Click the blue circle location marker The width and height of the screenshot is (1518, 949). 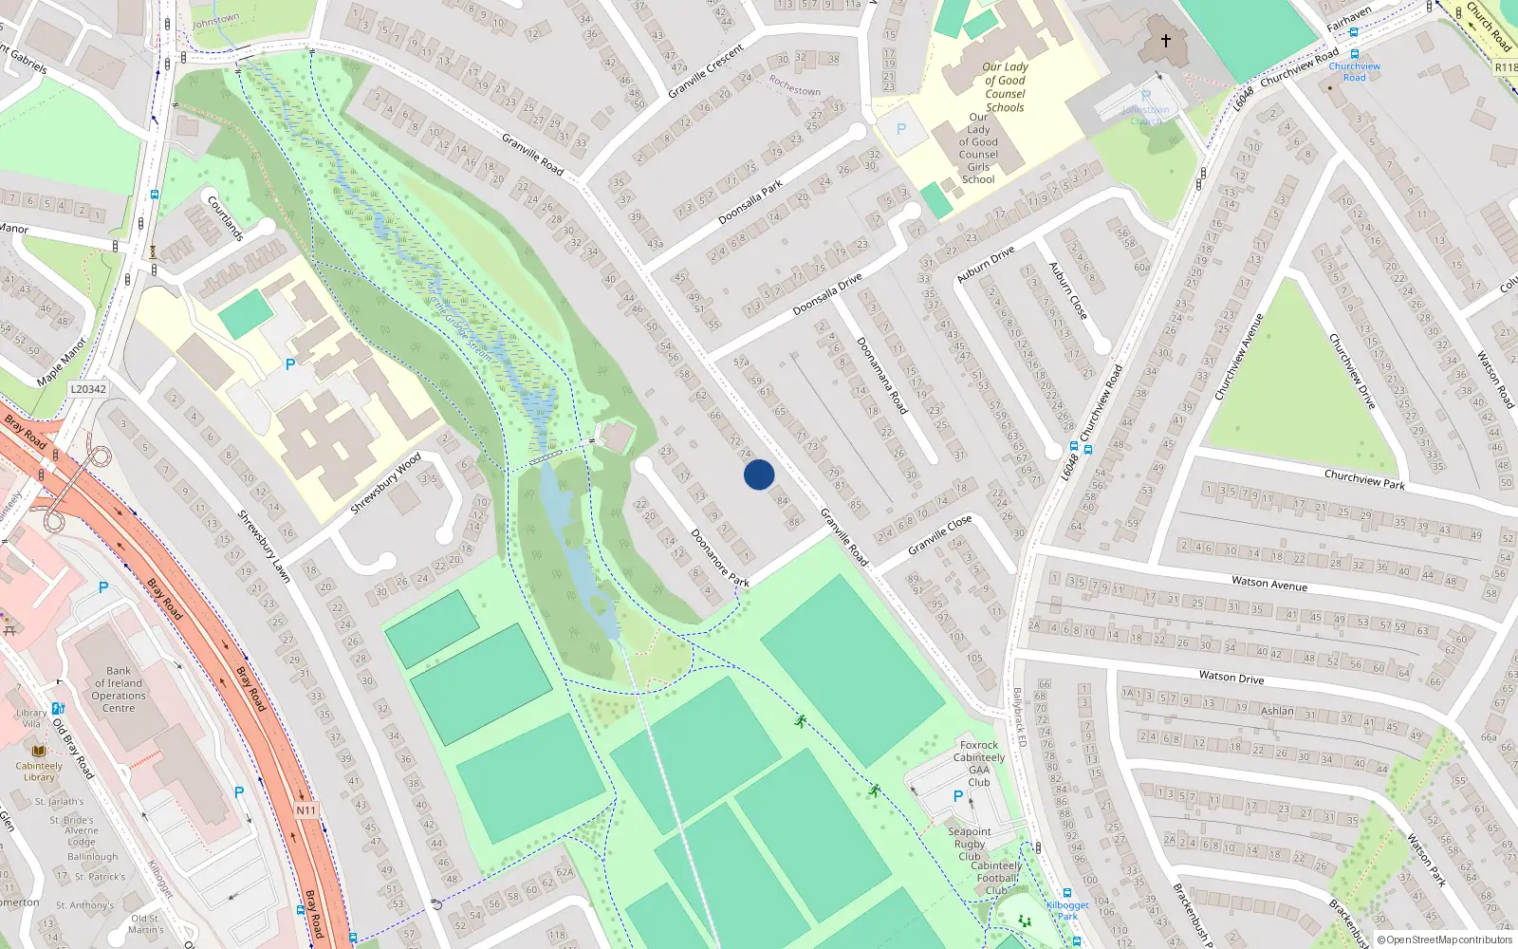point(759,474)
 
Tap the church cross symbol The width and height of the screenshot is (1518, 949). point(1166,41)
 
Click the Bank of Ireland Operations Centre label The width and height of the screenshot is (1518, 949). point(119,689)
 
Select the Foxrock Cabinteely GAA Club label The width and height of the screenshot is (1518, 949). point(979,763)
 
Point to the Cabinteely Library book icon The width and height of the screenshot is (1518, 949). point(39,751)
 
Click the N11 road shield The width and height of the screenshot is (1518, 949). point(305,810)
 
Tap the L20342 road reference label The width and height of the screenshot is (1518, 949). point(88,389)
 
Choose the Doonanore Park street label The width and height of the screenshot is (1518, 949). point(720,558)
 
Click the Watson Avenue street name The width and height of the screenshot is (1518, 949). point(1268,584)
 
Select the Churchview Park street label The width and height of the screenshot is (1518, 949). point(1363,479)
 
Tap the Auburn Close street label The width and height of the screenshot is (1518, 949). point(1067,290)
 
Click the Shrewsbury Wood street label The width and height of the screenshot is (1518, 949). point(385,484)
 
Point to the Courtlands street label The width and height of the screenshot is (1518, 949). point(226,218)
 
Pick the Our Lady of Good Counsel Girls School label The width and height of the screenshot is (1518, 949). point(978,148)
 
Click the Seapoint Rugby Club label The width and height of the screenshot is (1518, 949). point(970,844)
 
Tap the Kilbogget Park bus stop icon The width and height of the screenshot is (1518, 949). point(1067,893)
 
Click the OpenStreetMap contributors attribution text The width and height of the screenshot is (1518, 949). point(1445,940)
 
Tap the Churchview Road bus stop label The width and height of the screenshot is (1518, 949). point(1354,71)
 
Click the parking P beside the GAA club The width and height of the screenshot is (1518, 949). point(958,797)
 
